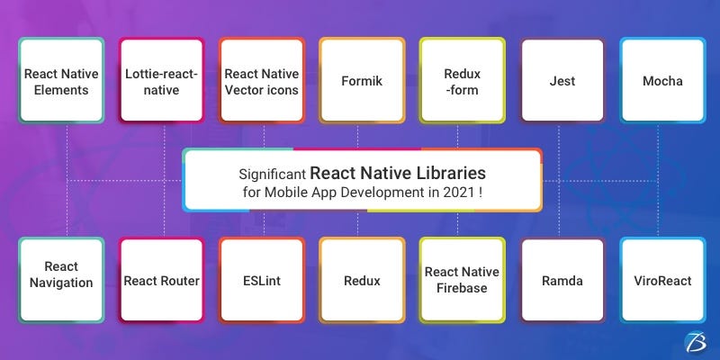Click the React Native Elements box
[x=61, y=81]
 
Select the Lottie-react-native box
[x=162, y=81]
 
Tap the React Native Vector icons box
[x=262, y=81]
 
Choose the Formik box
[x=362, y=81]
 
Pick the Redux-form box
[x=462, y=81]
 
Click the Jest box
[x=562, y=81]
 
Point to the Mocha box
[x=661, y=81]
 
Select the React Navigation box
[x=61, y=280]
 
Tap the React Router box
[x=162, y=280]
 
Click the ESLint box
[x=262, y=280]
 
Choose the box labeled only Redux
[x=362, y=280]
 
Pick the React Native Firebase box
[x=462, y=280]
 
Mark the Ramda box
[x=562, y=280]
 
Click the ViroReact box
[x=661, y=280]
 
